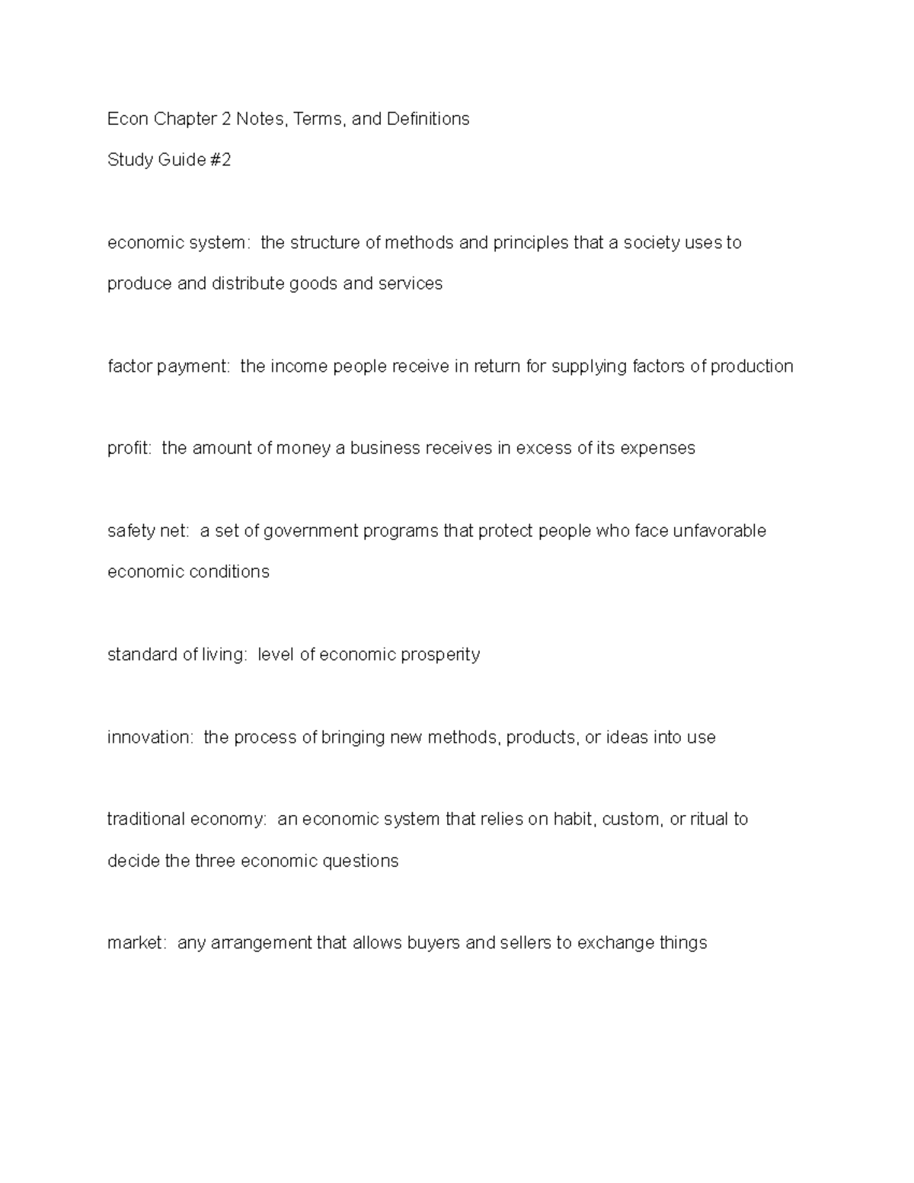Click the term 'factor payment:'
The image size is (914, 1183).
tap(168, 366)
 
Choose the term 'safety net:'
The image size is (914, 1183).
tap(149, 531)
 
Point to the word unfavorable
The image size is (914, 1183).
tap(719, 531)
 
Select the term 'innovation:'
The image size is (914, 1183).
tap(151, 737)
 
